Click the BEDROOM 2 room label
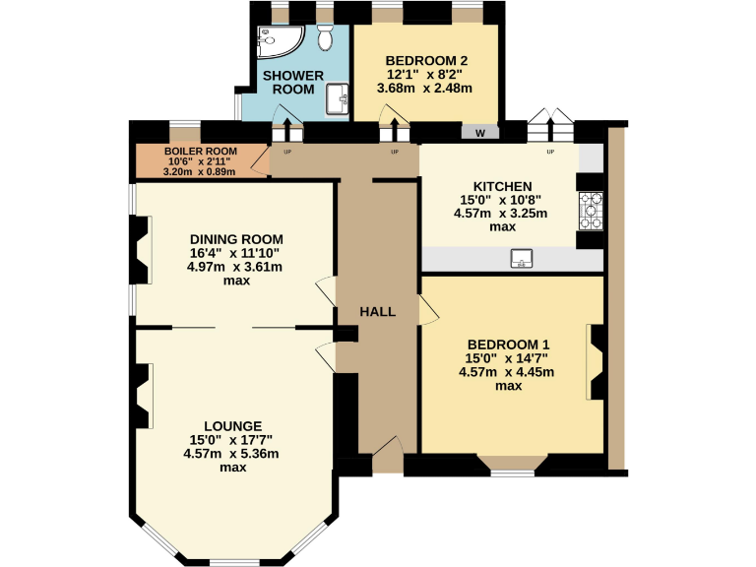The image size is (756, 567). click(426, 57)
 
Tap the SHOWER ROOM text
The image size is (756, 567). click(294, 82)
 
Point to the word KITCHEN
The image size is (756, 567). click(502, 186)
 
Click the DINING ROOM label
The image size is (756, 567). click(236, 239)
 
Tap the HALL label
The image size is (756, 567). click(377, 312)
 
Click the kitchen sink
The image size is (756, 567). click(521, 259)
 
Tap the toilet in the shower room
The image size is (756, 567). click(327, 36)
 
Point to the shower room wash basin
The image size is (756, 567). click(339, 96)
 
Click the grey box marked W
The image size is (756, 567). click(479, 133)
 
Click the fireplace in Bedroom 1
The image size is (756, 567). click(595, 358)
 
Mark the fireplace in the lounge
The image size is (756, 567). click(144, 397)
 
